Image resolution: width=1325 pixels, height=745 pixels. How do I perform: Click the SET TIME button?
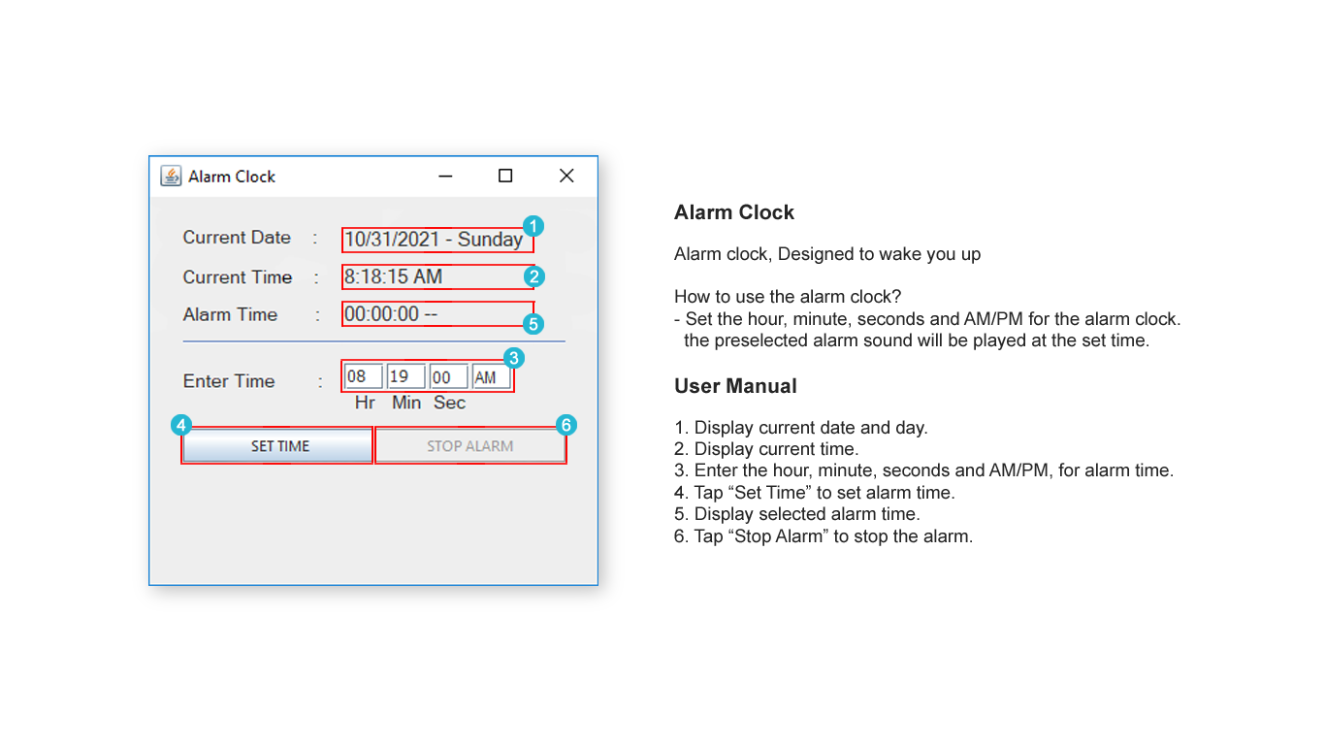278,446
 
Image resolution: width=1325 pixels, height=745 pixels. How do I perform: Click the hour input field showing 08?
363,377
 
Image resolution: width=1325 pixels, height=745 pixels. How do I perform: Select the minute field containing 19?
405,377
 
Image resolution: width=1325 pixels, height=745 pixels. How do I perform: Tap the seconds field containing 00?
448,377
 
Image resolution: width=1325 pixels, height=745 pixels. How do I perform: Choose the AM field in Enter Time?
491,377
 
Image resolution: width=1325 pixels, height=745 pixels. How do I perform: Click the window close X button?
566,176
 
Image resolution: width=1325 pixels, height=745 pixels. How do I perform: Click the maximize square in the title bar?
505,176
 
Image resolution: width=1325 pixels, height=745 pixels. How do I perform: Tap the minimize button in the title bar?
445,176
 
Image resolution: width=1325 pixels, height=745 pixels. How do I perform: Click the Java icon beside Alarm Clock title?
171,176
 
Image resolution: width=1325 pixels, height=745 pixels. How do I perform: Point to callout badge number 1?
533,226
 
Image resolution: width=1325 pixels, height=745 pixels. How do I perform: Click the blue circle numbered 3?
514,357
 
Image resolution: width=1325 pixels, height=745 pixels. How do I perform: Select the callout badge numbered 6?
567,425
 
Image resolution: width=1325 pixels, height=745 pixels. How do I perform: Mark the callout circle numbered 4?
180,425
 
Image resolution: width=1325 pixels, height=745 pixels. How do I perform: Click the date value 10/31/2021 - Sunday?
433,240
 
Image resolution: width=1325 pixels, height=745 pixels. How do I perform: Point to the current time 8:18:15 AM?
394,277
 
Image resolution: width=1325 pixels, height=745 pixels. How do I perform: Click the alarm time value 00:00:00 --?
391,314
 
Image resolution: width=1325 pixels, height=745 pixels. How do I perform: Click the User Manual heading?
735,386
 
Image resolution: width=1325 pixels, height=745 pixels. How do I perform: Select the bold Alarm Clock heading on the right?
734,212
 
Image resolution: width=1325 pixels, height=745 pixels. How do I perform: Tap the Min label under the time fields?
406,403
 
